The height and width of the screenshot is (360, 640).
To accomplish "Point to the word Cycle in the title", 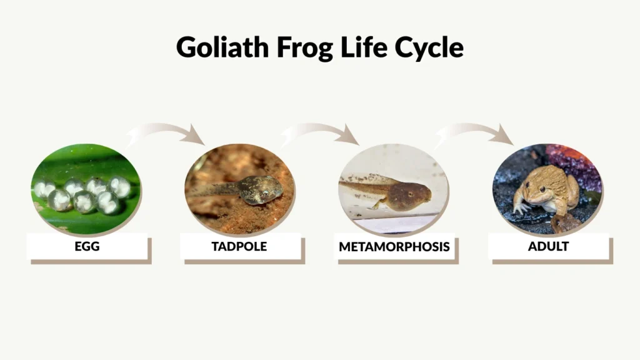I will coord(427,47).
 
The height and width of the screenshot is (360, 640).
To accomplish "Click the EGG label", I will coord(87,246).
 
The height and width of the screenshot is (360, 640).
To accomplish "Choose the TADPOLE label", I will coord(239,246).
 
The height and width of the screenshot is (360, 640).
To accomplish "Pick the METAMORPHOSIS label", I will coord(394,247).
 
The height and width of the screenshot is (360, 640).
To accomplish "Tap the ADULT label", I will coord(548,246).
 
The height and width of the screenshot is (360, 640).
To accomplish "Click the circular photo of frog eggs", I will coord(86,188).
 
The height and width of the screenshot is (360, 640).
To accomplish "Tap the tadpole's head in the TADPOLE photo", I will coord(262,189).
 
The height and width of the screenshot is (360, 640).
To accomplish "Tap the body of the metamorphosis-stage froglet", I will coord(409,195).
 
